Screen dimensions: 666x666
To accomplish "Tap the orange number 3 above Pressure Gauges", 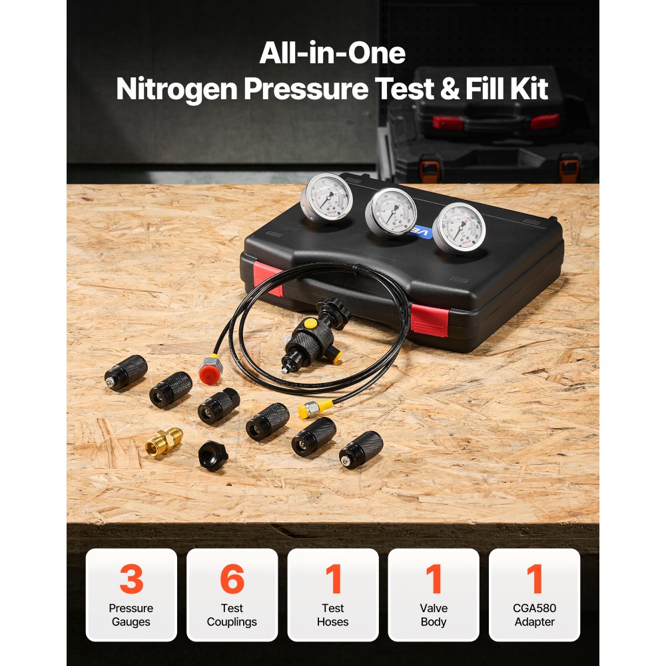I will coord(131,579).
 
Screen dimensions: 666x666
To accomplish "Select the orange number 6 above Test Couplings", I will coord(232,579).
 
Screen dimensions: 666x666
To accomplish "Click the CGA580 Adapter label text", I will coord(534,615).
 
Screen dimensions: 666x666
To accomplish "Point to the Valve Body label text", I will coord(434,615).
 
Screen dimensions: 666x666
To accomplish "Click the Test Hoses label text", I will coord(333,615).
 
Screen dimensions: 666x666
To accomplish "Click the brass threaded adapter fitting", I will coord(163,442).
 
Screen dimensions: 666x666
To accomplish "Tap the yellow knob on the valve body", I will coord(310,324).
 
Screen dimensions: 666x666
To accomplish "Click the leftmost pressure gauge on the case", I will coord(327,196).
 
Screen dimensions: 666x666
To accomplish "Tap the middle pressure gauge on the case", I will coord(392,212).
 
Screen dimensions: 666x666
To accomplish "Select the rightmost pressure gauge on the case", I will coord(460,227).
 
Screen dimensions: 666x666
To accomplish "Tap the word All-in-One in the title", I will coord(332,53).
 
